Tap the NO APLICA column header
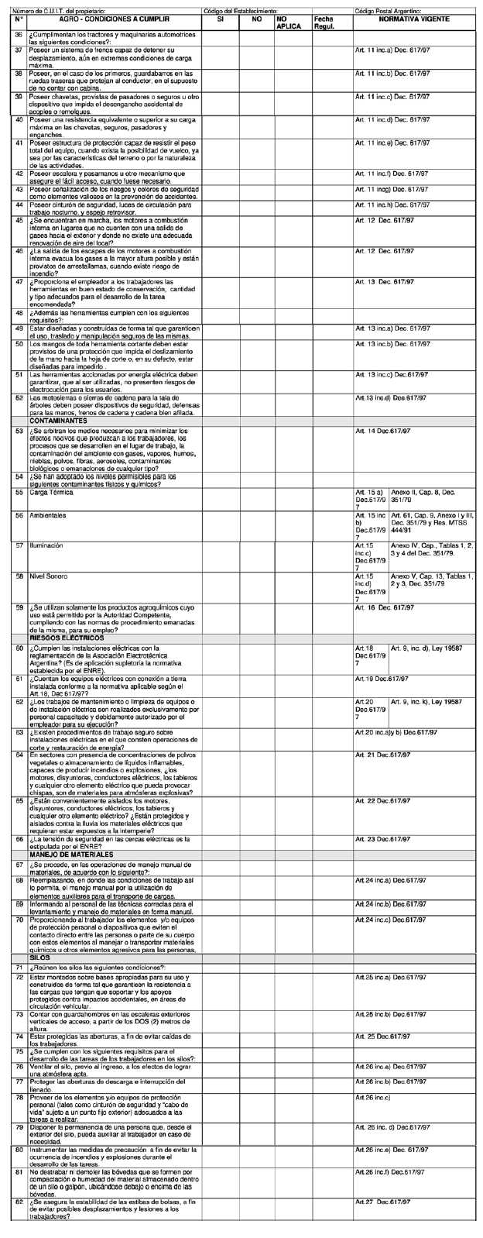pyautogui.click(x=289, y=22)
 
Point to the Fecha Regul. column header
pyautogui.click(x=324, y=22)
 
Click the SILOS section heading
pyautogui.click(x=39, y=958)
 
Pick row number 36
pyautogui.click(x=19, y=36)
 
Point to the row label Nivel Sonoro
pyautogui.click(x=48, y=577)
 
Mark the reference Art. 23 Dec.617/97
pyautogui.click(x=382, y=839)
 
